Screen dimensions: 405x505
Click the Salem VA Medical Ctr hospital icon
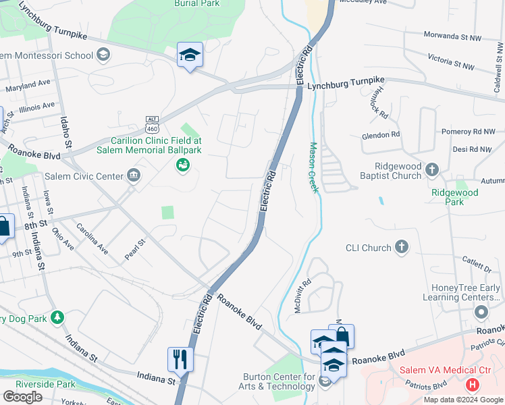tap(473, 385)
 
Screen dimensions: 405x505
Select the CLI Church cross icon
tap(402, 247)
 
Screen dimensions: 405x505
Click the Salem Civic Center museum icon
tap(134, 176)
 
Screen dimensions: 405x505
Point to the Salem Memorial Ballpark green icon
tap(182, 165)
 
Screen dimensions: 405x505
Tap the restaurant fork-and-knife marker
tap(180, 358)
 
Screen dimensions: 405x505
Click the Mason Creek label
tap(313, 167)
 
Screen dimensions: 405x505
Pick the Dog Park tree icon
tap(58, 317)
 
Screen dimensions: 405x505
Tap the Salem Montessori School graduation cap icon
tap(103, 54)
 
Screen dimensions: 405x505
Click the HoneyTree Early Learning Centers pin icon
tap(481, 312)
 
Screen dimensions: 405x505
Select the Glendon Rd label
tap(381, 134)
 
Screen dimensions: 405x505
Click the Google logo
tap(22, 397)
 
